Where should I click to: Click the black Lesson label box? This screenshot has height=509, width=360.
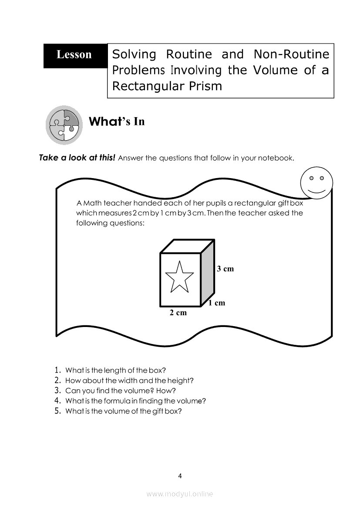[75, 55]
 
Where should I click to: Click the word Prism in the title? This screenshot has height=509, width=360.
[206, 86]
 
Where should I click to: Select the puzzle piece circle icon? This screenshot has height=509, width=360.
[64, 125]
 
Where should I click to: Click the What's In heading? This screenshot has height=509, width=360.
[116, 121]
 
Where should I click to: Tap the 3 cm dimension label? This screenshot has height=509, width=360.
[225, 269]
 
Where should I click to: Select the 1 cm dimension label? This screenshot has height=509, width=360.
[216, 303]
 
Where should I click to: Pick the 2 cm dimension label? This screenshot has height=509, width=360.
[178, 313]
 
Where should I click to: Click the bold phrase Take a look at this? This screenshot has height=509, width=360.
[77, 158]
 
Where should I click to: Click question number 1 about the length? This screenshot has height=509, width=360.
[115, 371]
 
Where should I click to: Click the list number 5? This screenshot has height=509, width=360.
[57, 411]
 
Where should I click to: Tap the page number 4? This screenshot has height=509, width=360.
[180, 475]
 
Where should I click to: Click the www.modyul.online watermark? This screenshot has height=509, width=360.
[180, 494]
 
